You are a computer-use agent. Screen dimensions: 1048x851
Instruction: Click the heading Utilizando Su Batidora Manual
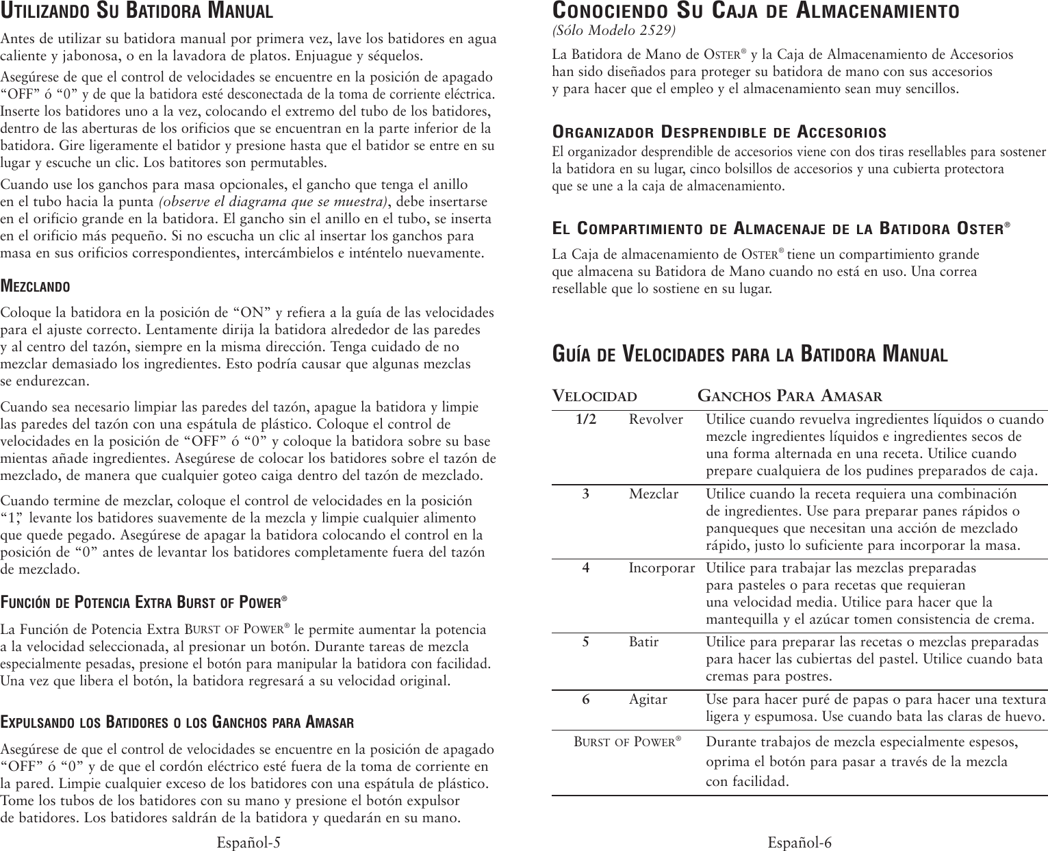point(137,12)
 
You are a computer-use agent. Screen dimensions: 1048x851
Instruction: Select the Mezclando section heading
point(35,285)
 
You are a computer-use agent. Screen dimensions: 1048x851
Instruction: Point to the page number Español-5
point(248,842)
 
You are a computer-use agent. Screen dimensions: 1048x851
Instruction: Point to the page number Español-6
point(800,842)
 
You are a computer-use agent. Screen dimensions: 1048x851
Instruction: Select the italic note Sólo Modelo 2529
point(613,31)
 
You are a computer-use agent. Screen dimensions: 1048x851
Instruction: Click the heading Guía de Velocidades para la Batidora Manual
point(750,355)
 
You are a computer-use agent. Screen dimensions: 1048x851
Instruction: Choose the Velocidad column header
point(594,396)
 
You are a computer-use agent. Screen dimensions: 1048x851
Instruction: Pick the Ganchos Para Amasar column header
point(789,396)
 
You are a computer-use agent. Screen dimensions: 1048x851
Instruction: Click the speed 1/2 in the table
point(585,419)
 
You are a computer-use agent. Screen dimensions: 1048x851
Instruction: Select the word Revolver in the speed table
point(656,419)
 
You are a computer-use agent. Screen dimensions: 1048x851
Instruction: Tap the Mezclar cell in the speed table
point(654,494)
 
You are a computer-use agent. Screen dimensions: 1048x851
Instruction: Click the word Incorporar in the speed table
point(661,568)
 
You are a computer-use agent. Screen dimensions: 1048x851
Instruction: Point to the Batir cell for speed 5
point(643,642)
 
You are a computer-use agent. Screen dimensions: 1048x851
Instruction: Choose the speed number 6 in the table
point(585,700)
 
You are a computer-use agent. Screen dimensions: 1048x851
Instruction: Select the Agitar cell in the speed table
point(648,700)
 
